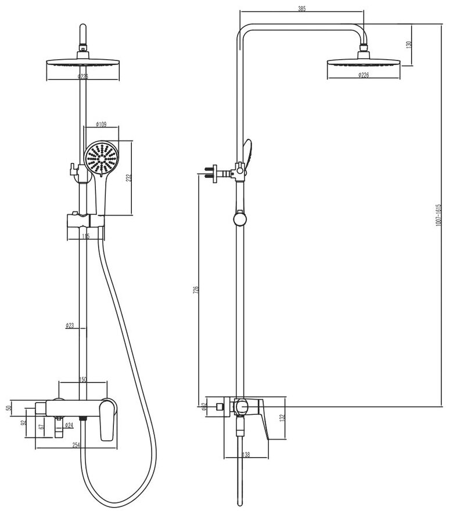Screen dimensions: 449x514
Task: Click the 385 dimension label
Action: click(x=301, y=9)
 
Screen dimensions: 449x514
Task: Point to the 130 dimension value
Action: click(x=409, y=45)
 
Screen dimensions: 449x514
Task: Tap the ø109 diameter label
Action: click(x=100, y=124)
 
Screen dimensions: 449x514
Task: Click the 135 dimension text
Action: click(x=86, y=236)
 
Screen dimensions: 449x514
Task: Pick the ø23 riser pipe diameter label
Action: click(x=70, y=326)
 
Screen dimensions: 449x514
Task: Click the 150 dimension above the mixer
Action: click(x=82, y=379)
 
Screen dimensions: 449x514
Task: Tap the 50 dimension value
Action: click(x=9, y=407)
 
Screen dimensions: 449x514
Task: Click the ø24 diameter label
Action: click(x=68, y=425)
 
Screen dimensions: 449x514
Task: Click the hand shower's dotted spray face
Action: click(x=101, y=156)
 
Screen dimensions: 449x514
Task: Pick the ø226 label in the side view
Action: click(x=363, y=75)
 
